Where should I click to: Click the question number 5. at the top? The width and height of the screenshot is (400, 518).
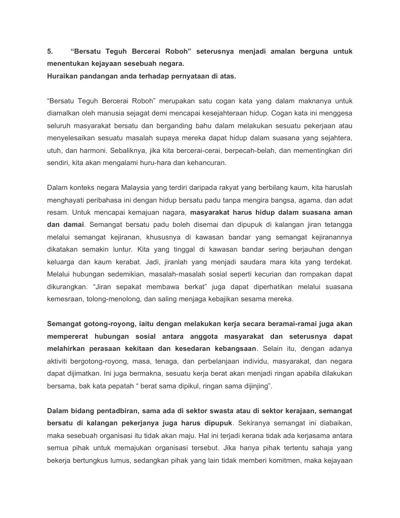click(50, 52)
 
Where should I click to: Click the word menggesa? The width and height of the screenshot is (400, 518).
click(336, 113)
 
